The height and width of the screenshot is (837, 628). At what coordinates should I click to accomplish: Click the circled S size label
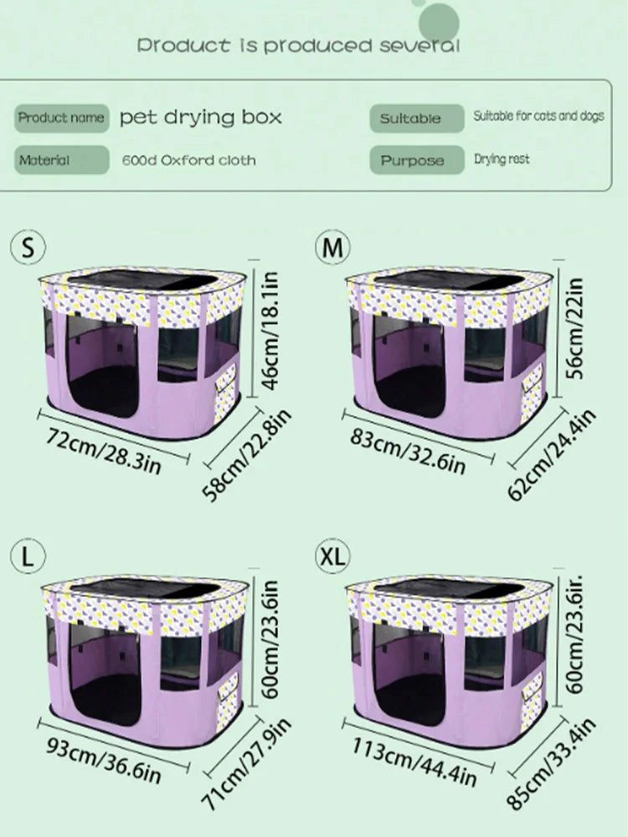(x=28, y=247)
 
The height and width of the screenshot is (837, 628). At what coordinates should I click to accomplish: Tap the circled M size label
(x=332, y=247)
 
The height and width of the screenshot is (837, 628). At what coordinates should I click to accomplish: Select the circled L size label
(x=28, y=556)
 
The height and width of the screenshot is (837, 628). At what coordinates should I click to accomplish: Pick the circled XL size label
(x=332, y=556)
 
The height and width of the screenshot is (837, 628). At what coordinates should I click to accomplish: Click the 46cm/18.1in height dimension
(x=270, y=331)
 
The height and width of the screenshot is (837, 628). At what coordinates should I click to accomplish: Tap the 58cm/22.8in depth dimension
(x=247, y=455)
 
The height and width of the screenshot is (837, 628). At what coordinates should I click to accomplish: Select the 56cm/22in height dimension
(x=574, y=328)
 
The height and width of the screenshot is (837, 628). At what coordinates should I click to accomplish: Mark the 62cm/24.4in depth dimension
(x=551, y=455)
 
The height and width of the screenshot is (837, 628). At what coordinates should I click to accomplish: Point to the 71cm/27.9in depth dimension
(x=247, y=764)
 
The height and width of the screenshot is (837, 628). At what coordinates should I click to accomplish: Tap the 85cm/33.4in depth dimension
(x=551, y=764)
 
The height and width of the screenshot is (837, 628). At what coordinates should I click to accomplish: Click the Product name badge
(x=61, y=118)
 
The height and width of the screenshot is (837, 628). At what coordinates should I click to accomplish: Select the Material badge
(x=61, y=160)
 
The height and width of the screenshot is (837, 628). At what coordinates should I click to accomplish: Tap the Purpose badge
(x=417, y=160)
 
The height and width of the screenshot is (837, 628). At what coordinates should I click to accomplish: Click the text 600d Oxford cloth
(x=188, y=160)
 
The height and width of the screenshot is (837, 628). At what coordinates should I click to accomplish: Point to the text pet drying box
(x=201, y=117)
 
